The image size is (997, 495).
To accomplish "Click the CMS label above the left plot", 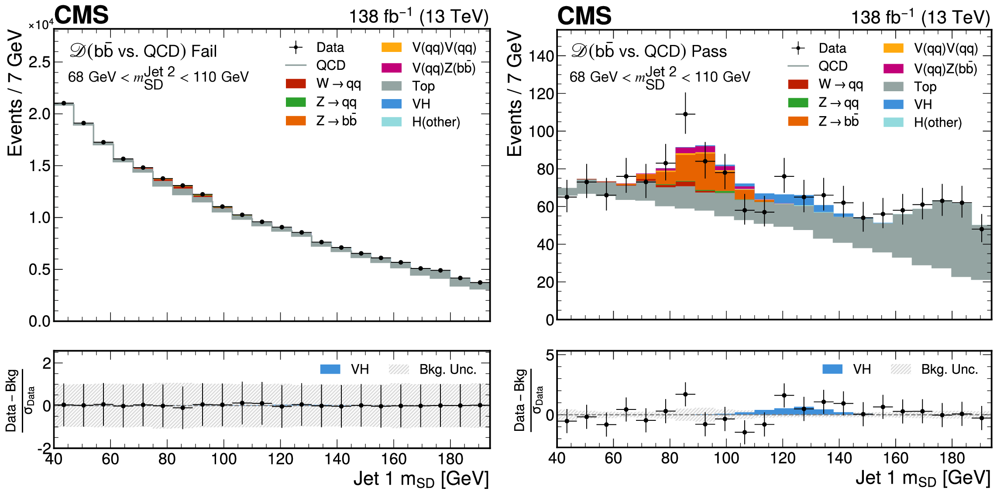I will [82, 16].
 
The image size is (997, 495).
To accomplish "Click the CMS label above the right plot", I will [584, 17].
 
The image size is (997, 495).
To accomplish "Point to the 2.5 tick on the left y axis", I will [40, 62].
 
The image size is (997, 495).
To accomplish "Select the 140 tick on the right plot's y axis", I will [541, 56].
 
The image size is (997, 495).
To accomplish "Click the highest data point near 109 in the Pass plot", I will [685, 114].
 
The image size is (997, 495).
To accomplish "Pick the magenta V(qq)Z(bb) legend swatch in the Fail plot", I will [392, 68].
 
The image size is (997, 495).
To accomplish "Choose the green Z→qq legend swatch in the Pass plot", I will [798, 103].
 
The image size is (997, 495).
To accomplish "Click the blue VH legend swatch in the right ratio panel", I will [832, 369].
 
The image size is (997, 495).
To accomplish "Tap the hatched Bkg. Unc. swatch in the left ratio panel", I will [399, 369].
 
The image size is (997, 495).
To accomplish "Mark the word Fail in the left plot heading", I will [204, 52].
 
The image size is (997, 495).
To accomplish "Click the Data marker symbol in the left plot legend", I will [296, 48].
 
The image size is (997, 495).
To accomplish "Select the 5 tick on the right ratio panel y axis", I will [550, 355].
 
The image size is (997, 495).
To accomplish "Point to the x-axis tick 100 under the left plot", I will [223, 459].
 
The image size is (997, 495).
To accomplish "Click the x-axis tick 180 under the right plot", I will [952, 458].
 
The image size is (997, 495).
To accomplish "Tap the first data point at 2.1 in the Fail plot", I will [64, 103].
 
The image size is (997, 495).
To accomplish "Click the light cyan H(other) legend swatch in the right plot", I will [894, 122].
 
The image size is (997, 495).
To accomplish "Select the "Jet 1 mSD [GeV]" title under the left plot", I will [421, 479].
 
